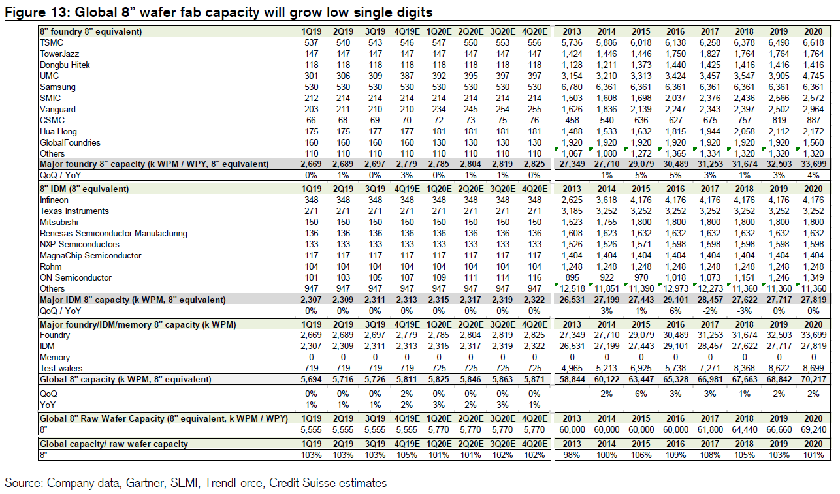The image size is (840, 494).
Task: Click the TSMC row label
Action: pyautogui.click(x=52, y=42)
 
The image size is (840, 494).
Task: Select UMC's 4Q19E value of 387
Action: pyautogui.click(x=407, y=76)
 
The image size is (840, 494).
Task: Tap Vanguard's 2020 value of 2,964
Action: pyautogui.click(x=813, y=110)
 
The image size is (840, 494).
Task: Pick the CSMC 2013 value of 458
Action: pyautogui.click(x=572, y=120)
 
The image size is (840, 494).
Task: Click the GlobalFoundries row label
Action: pyautogui.click(x=70, y=143)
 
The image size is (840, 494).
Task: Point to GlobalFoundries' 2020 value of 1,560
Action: pyautogui.click(x=813, y=143)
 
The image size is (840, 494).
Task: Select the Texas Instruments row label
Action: pyautogui.click(x=74, y=211)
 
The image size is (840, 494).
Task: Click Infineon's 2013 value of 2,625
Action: pyautogui.click(x=572, y=200)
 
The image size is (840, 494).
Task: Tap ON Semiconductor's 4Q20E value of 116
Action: pyautogui.click(x=534, y=278)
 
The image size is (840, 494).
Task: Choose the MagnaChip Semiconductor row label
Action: pyautogui.click(x=90, y=255)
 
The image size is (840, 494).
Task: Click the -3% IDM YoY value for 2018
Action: pyautogui.click(x=745, y=311)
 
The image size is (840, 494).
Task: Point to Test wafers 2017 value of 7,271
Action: pyautogui.click(x=710, y=369)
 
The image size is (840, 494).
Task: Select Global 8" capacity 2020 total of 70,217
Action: pyautogui.click(x=813, y=379)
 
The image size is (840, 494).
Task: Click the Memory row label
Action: pyautogui.click(x=55, y=358)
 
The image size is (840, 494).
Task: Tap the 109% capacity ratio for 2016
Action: pyautogui.click(x=675, y=455)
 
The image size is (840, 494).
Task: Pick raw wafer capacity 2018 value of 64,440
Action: pyautogui.click(x=745, y=430)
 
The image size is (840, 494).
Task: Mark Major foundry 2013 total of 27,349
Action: pyautogui.click(x=572, y=164)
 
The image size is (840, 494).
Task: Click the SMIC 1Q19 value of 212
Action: pyautogui.click(x=312, y=98)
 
